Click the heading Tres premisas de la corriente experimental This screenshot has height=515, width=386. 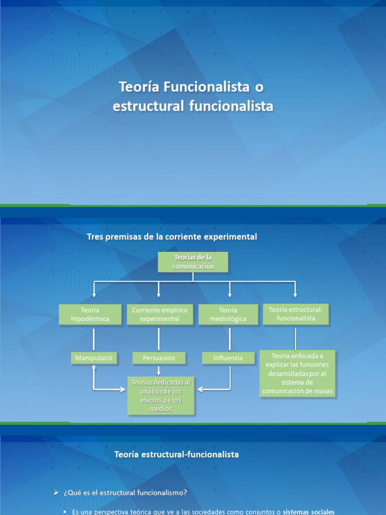point(172,236)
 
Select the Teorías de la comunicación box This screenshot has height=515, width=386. point(193,262)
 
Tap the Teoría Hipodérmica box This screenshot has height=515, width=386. point(90,314)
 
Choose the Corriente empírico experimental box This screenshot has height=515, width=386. point(159,314)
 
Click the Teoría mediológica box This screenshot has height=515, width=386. point(228,314)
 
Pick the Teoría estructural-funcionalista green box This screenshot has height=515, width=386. point(296,314)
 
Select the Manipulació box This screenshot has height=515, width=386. point(93,358)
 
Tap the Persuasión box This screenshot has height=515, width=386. point(159,358)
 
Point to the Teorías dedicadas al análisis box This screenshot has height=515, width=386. point(161,395)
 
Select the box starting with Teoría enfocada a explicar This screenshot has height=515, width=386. point(297,374)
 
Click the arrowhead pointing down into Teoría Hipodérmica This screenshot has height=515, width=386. point(94,294)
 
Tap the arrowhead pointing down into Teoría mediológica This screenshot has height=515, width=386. point(230,294)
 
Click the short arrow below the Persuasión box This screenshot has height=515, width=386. point(159,371)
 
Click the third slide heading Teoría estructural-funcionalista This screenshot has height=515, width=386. point(176,454)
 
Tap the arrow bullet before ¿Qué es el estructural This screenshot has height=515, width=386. point(56,492)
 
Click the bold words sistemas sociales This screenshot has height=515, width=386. point(309,511)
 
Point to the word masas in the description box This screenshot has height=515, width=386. point(323,391)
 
